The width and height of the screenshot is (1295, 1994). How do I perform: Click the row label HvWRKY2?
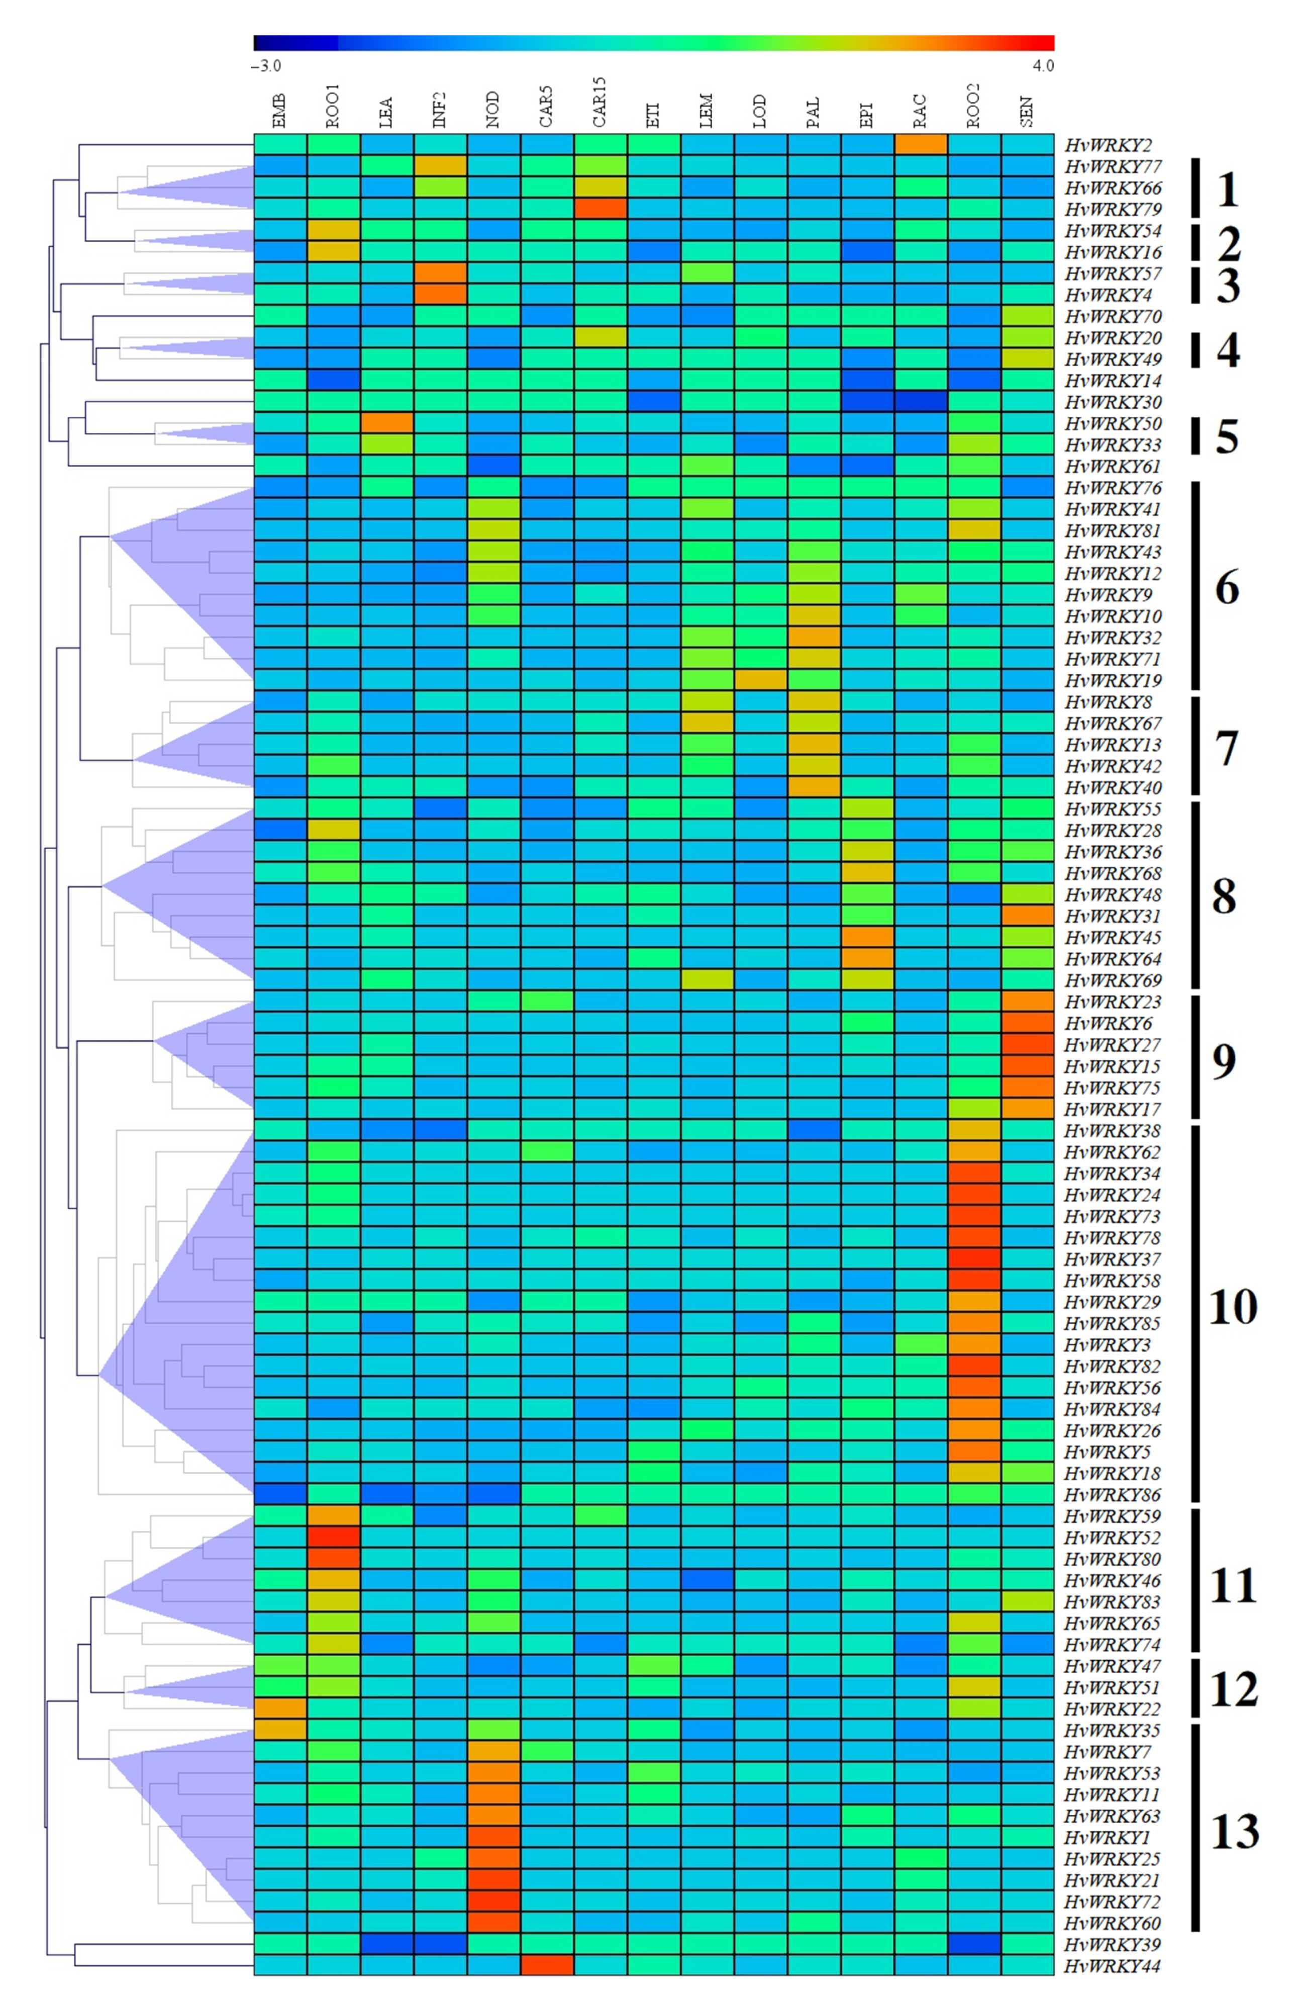1106,145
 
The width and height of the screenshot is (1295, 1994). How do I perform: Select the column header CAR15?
600,102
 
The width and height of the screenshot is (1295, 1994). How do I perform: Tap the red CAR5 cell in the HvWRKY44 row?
547,1965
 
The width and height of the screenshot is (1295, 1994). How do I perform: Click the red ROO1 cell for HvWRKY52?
333,1537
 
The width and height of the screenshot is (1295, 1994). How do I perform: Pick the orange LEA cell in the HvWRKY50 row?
387,423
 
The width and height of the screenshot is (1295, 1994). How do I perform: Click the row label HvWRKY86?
1112,1495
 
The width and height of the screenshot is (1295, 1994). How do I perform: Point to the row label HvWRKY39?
1112,1944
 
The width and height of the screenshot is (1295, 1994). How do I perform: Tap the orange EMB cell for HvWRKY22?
280,1708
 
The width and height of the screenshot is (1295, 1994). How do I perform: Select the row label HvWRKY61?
1112,466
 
